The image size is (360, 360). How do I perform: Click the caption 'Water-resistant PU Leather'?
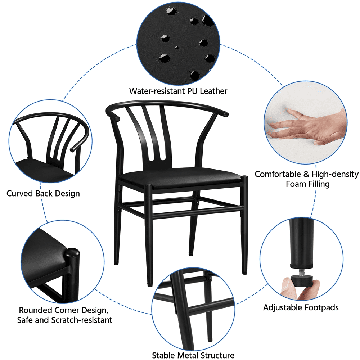pos(178,91)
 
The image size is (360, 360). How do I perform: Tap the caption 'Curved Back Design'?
pos(43,193)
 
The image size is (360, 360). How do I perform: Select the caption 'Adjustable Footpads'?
pos(301,307)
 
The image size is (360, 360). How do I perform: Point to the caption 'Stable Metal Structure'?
pos(193,355)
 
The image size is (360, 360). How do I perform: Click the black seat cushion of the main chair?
pos(180,177)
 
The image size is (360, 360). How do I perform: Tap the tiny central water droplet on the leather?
pos(176,47)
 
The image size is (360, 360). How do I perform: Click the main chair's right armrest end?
pos(226,114)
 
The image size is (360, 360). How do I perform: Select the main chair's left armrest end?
pos(116,118)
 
